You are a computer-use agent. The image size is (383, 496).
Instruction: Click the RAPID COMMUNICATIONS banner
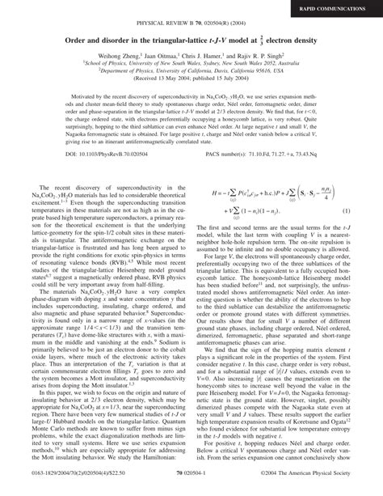[x=339, y=9]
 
